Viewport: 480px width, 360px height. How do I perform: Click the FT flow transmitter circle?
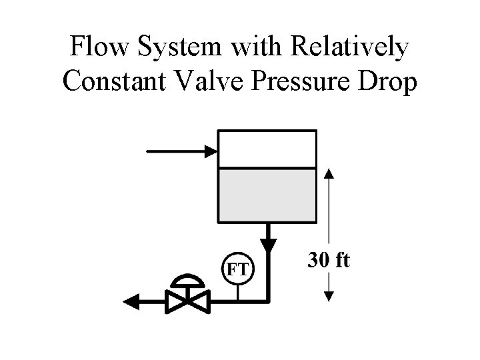click(238, 269)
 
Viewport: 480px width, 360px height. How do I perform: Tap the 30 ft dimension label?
click(328, 260)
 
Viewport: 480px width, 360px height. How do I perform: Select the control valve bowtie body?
click(188, 301)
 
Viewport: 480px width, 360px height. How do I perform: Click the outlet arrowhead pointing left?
click(131, 302)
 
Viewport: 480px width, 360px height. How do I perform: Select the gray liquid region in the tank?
click(267, 195)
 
